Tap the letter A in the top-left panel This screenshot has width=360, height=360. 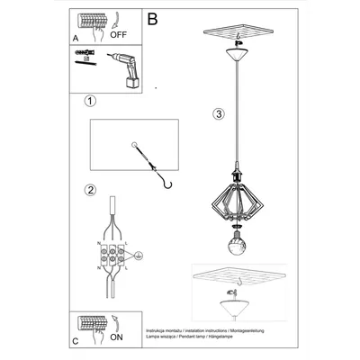[76, 39]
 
